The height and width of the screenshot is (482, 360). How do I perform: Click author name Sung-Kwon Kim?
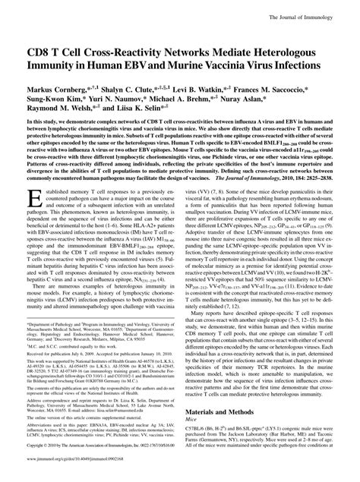[53, 88]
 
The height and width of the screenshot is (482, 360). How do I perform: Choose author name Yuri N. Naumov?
[124, 88]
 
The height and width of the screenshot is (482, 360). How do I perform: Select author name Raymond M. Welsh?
[59, 99]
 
